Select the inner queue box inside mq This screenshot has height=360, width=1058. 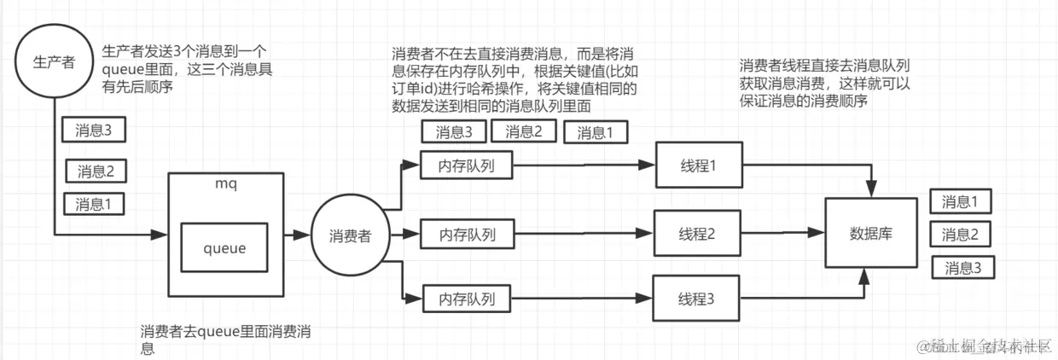click(x=224, y=248)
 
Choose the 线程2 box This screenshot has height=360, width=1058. click(x=697, y=232)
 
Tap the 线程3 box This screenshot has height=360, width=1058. click(x=695, y=299)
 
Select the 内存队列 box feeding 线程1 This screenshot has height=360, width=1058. click(x=466, y=165)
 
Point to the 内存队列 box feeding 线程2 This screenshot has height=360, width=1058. click(x=466, y=232)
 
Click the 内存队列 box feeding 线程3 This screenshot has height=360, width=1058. click(x=466, y=299)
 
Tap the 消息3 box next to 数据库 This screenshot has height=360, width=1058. click(x=962, y=268)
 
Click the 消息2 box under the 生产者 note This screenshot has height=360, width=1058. click(x=96, y=171)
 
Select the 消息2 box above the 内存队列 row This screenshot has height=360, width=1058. click(x=529, y=131)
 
